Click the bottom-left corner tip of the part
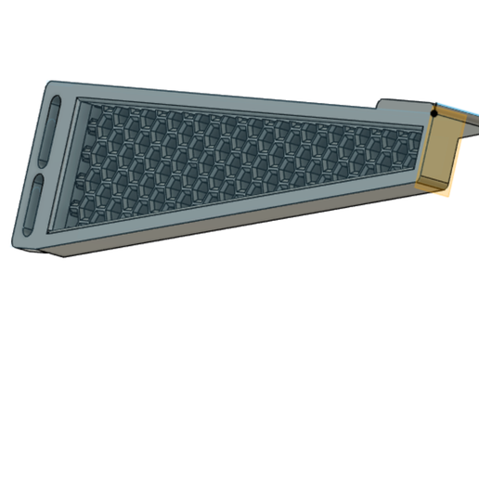(15, 243)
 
